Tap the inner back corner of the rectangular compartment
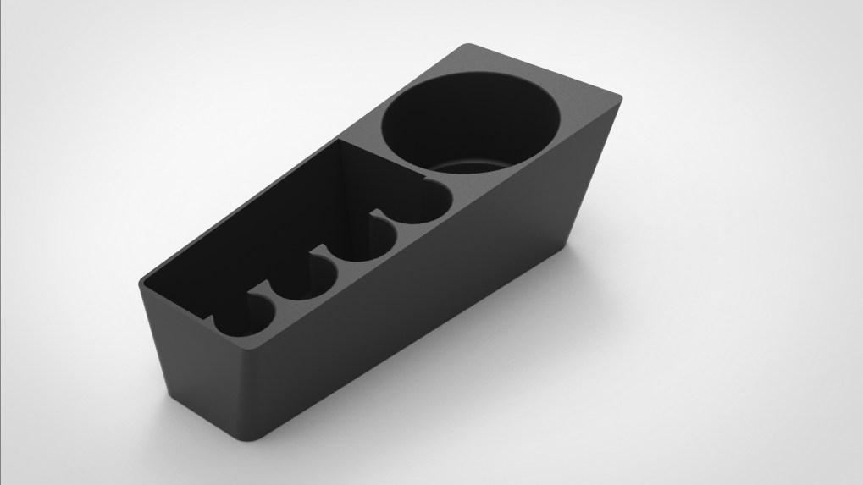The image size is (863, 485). tap(342, 144)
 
